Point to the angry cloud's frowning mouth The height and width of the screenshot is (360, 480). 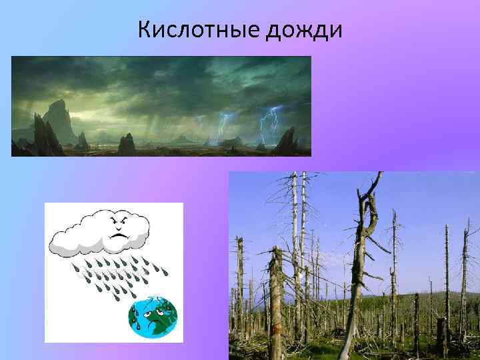tap(120, 236)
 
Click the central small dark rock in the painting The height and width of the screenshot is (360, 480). tap(127, 143)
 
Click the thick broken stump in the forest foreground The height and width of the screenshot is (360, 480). tap(277, 300)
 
